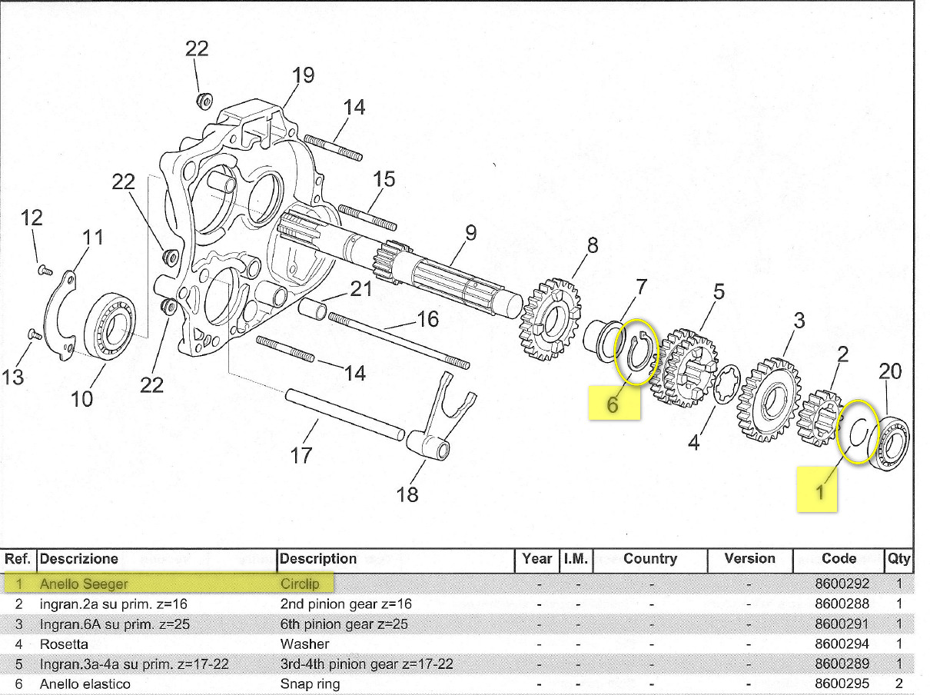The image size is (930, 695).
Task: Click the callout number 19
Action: (x=303, y=75)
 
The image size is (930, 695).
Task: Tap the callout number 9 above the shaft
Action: (x=470, y=232)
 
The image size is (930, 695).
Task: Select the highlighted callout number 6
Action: (x=613, y=403)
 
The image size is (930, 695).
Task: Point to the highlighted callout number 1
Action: (x=819, y=490)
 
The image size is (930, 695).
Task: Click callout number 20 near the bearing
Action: (x=889, y=372)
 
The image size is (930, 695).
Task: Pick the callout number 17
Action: (x=301, y=455)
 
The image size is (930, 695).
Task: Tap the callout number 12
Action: (x=32, y=218)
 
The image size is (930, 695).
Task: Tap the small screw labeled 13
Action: (x=33, y=334)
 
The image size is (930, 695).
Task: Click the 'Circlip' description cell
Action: (x=300, y=584)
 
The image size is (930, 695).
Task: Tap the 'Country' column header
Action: (x=649, y=559)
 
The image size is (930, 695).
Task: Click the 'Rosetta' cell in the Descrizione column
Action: (x=64, y=643)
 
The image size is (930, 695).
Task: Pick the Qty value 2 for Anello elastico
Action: (x=898, y=683)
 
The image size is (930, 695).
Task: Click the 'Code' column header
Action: (x=839, y=559)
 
